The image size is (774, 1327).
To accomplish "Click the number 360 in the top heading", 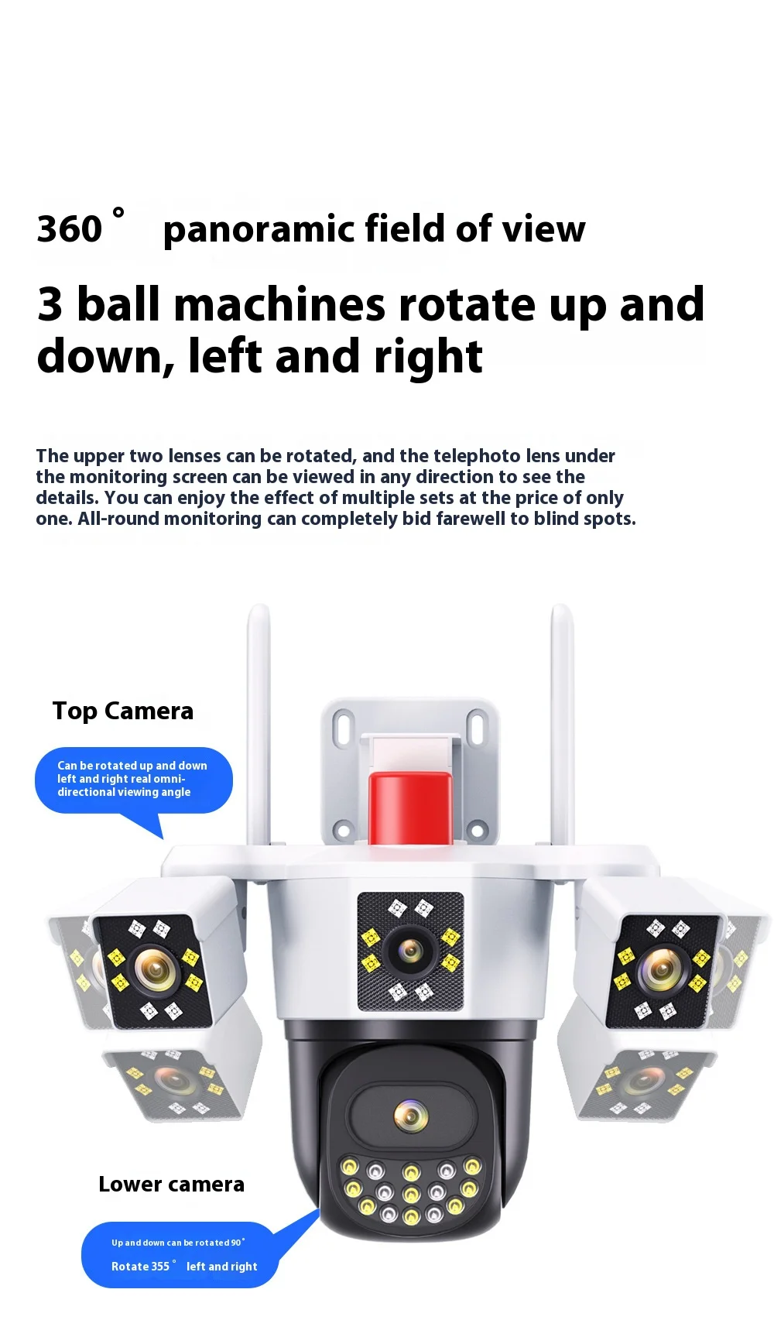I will (x=70, y=229).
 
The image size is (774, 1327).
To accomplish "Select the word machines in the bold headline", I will (x=279, y=304).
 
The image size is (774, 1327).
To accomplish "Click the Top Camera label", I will (x=122, y=711).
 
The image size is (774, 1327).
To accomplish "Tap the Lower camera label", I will (x=171, y=1184).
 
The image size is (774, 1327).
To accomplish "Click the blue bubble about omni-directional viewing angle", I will (x=133, y=780).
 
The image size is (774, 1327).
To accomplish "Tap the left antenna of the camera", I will (x=259, y=728).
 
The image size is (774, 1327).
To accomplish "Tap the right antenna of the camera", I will (x=562, y=728).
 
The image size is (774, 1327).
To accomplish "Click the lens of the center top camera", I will (x=410, y=951).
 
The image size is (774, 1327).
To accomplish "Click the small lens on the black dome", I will (x=410, y=1115).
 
